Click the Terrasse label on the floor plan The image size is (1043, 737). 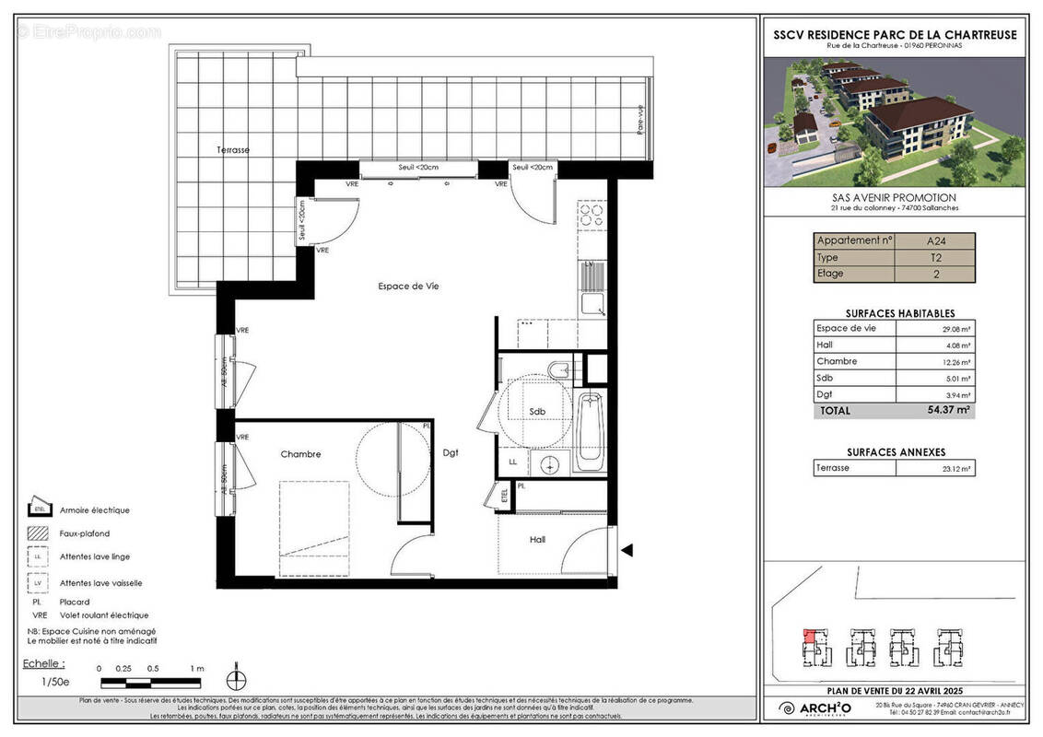(233, 149)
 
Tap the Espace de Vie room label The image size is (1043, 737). (408, 287)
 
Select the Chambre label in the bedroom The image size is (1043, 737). (300, 454)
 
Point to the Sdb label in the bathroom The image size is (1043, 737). (537, 412)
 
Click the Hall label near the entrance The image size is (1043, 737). (537, 540)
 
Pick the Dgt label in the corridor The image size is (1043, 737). (450, 452)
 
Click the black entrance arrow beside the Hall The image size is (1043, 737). (627, 551)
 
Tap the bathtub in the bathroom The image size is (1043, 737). (591, 431)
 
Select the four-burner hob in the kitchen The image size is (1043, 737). (591, 216)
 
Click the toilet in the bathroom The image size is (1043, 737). (558, 370)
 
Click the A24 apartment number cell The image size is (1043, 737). (935, 241)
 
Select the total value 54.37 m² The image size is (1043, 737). (948, 410)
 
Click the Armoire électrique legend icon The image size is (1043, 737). (39, 508)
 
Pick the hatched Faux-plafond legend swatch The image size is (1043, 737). (39, 532)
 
